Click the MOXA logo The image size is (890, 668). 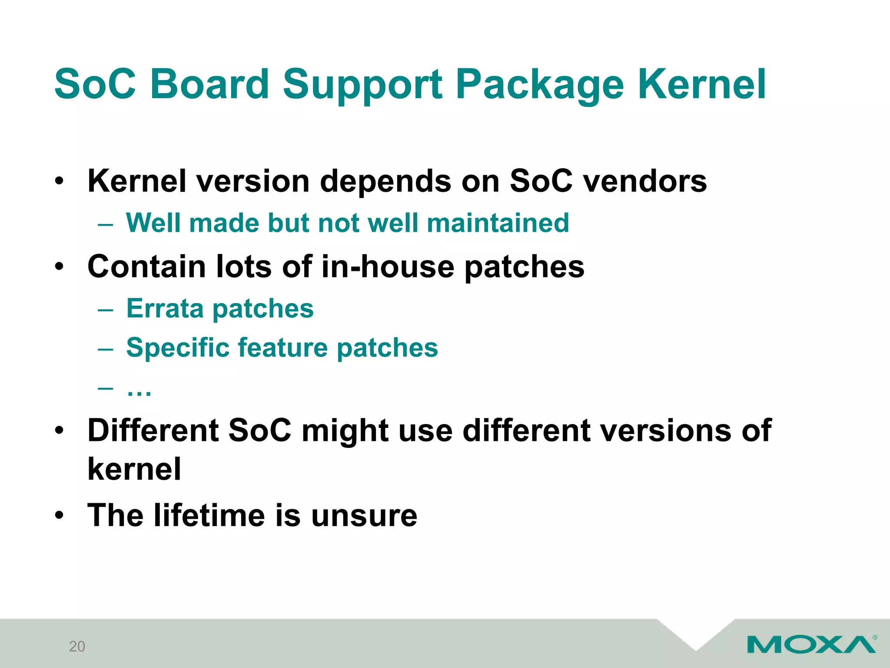tap(811, 644)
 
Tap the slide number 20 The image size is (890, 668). tap(77, 647)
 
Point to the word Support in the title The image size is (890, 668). tap(362, 85)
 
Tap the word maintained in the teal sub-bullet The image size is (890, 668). tap(498, 223)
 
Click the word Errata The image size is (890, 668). tap(165, 309)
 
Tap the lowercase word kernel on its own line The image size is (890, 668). tap(134, 469)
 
